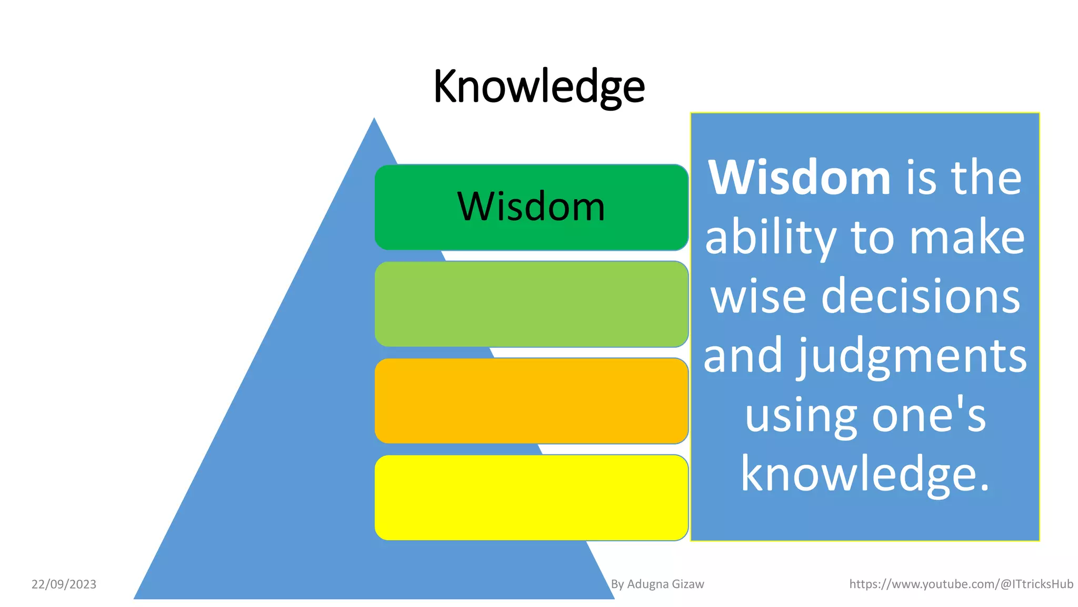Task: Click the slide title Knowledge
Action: (x=538, y=86)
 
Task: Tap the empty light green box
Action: (x=531, y=304)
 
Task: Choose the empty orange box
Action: (x=531, y=401)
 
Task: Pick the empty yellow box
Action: (x=531, y=498)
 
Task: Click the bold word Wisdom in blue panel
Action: (x=799, y=178)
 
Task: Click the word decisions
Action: (x=921, y=296)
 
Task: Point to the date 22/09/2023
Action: (x=64, y=584)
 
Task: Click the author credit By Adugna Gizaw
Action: (x=657, y=584)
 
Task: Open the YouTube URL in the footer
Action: (x=961, y=584)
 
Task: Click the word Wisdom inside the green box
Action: (x=531, y=207)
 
